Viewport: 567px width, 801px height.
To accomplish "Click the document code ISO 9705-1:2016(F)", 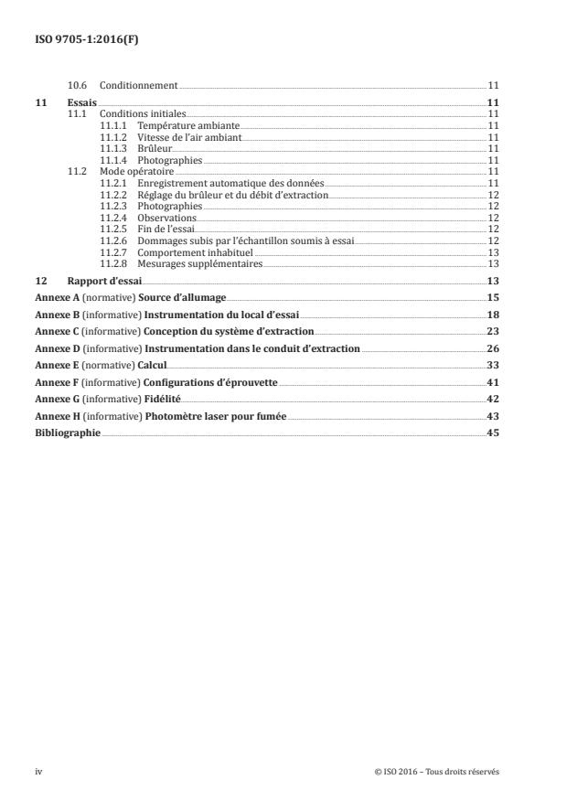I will tap(83, 40).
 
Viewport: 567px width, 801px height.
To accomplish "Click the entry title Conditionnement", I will tap(138, 85).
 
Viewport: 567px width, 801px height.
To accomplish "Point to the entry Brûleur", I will tap(154, 146).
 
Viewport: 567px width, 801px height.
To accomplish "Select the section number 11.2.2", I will tap(113, 195).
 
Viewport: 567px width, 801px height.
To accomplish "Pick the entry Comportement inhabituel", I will tap(195, 251).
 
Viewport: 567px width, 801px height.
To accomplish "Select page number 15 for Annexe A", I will tap(492, 298).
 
